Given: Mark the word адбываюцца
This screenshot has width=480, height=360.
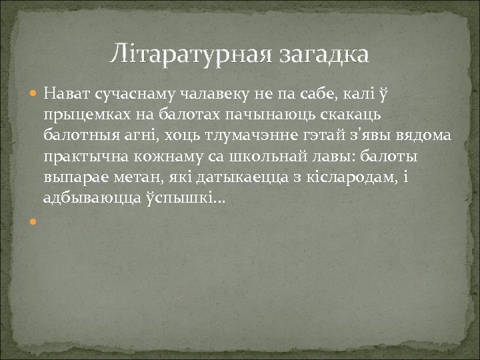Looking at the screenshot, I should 84,199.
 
